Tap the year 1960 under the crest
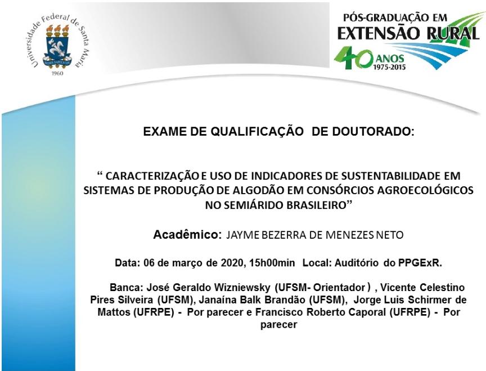[57, 73]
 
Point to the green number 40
[353, 59]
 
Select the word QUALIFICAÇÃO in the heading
[257, 132]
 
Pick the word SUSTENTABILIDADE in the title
[390, 176]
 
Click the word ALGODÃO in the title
[259, 190]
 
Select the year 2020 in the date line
[231, 263]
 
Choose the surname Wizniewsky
[246, 288]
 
